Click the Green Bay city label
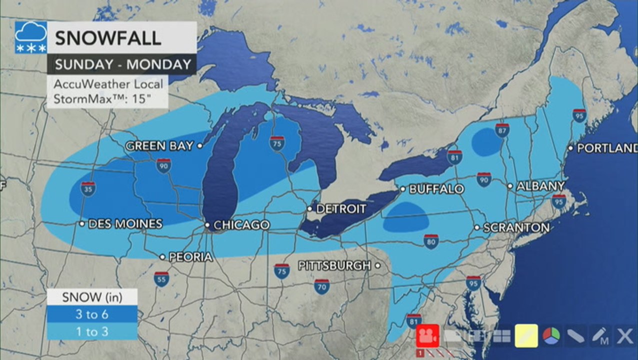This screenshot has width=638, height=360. pos(159,146)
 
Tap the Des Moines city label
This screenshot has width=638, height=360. pos(125,224)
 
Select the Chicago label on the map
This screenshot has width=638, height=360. pos(241,225)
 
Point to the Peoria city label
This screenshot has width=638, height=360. pos(190,257)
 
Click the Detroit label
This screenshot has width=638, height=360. pos(341,208)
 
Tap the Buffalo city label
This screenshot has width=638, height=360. pos(436,189)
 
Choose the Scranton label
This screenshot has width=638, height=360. pos(516,227)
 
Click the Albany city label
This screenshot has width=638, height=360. pos(540,186)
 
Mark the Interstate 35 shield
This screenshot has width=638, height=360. pos(88,188)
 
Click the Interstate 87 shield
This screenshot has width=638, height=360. pos(502,130)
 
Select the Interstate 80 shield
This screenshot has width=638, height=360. pos(431,241)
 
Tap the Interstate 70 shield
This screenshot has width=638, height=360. pos(322,286)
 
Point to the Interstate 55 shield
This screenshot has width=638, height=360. pos(161,278)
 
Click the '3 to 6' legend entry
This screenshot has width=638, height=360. pos(92,314)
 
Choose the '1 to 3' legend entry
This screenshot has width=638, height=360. pos(92,331)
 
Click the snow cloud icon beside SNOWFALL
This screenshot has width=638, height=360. pos(30,37)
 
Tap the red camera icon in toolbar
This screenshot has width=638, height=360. pos(427,336)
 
